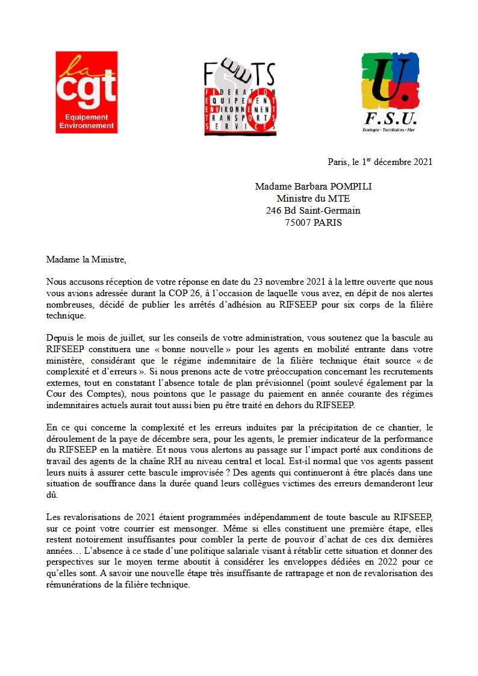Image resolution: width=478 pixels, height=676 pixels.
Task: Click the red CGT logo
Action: pos(86,91)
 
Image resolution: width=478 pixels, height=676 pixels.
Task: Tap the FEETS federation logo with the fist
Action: pos(240,98)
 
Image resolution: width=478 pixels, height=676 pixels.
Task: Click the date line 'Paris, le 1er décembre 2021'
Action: pos(380,162)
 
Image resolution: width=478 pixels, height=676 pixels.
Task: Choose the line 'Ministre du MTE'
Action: pos(313,199)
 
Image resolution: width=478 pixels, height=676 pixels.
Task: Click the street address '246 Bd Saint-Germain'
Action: pos(313,211)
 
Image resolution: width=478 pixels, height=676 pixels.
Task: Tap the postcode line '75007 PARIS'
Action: pos(313,222)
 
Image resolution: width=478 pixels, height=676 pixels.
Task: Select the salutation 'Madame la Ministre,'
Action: pos(87,259)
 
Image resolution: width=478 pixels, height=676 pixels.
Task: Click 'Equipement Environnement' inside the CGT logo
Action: pos(86,122)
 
